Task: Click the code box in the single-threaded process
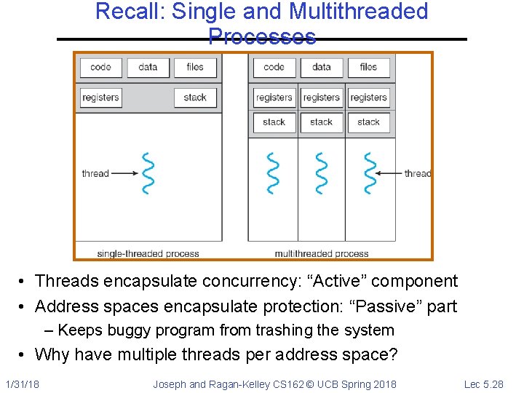point(100,68)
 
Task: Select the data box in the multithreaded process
point(321,68)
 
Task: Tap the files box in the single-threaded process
point(195,68)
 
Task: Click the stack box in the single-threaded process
point(195,98)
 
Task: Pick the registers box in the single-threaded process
point(100,98)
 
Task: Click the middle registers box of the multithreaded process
point(321,98)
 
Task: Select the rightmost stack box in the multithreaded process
point(368,122)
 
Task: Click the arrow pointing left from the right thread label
point(392,173)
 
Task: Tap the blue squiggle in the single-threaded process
point(148,173)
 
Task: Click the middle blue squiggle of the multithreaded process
point(320,173)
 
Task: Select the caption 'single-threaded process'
point(148,253)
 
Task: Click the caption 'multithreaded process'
point(322,253)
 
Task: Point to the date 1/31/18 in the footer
point(23,384)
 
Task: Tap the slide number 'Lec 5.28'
point(483,384)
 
